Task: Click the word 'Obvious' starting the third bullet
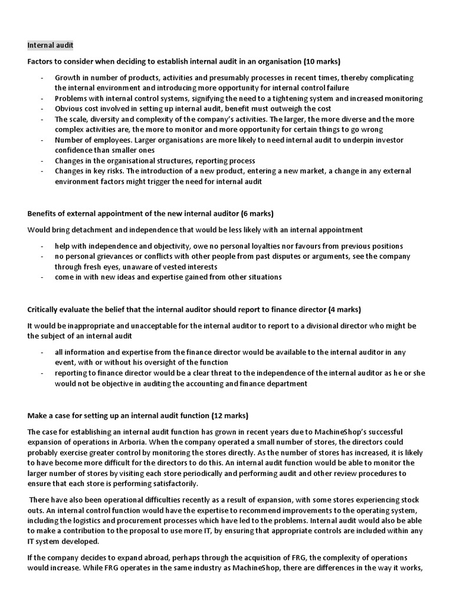71,109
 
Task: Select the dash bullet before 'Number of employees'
42,140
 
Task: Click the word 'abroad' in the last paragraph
142,557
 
